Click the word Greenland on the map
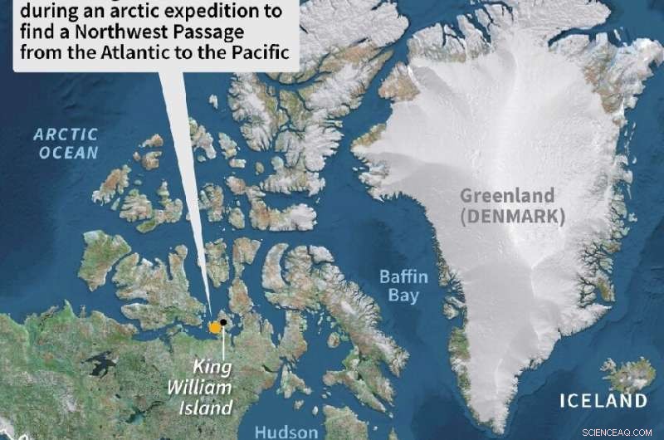pos(507,197)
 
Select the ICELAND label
pos(603,401)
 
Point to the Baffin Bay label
pos(400,286)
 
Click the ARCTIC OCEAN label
pos(66,143)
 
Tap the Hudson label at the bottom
pos(286,432)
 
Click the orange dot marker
pos(215,327)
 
